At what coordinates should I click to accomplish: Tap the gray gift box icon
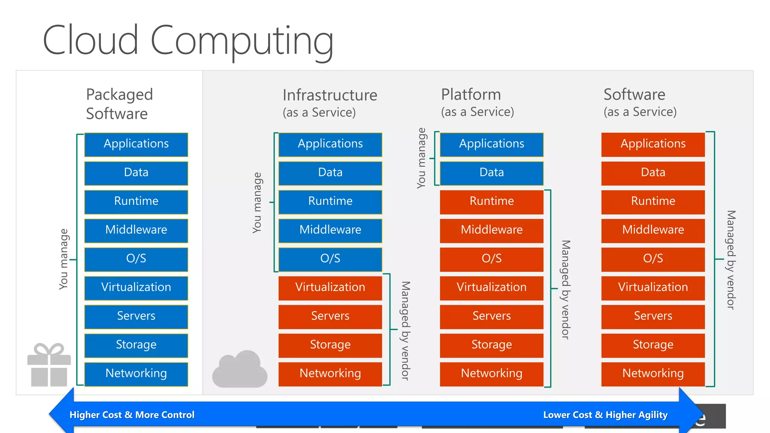tap(49, 365)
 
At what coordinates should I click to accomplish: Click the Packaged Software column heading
tap(119, 104)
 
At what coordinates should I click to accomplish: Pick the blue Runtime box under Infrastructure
tap(330, 201)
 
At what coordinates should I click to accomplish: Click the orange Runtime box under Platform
tap(491, 201)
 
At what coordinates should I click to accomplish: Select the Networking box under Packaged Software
tap(136, 374)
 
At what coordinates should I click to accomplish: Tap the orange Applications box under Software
tap(653, 144)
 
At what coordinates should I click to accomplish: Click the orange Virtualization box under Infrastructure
tap(330, 288)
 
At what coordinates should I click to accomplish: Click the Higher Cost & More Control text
tap(132, 415)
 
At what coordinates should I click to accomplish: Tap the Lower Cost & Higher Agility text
tap(605, 415)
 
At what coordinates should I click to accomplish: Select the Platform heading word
tap(471, 94)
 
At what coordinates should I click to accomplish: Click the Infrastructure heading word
tap(330, 95)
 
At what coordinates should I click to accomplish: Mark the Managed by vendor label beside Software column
tap(731, 259)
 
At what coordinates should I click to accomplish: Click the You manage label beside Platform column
tap(421, 158)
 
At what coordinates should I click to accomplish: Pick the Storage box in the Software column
tap(653, 345)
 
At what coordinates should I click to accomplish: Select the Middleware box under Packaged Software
tap(136, 230)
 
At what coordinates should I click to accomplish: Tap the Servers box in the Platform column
tap(491, 316)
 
